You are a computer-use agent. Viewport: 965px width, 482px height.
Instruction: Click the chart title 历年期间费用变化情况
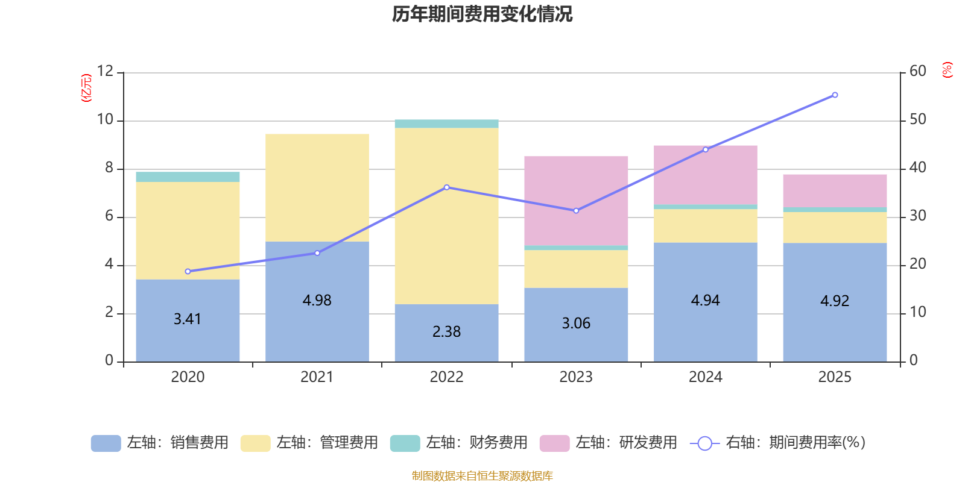pos(482,14)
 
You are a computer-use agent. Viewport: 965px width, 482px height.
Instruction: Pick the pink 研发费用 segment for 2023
pos(576,201)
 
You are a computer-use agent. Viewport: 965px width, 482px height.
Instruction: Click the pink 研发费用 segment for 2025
pos(835,190)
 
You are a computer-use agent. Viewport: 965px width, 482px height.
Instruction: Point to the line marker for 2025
pos(835,95)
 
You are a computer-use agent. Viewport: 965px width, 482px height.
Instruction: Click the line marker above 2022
pos(446,187)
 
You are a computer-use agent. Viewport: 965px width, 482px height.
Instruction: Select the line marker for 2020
pos(188,272)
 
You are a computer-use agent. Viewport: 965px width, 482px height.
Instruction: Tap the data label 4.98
pos(317,300)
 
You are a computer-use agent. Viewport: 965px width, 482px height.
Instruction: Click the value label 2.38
pos(446,331)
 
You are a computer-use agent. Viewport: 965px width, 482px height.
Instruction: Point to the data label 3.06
pos(576,324)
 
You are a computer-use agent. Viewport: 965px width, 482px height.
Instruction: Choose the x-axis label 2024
pos(705,377)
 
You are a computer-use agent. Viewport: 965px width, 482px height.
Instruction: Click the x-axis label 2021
pos(317,377)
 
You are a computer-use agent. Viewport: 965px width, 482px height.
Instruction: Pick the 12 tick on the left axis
pos(106,71)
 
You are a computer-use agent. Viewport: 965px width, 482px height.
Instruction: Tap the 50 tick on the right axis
pos(917,119)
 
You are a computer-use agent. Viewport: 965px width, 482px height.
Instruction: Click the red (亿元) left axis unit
pos(86,88)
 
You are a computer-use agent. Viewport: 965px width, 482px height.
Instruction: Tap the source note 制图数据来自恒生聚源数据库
pos(482,476)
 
